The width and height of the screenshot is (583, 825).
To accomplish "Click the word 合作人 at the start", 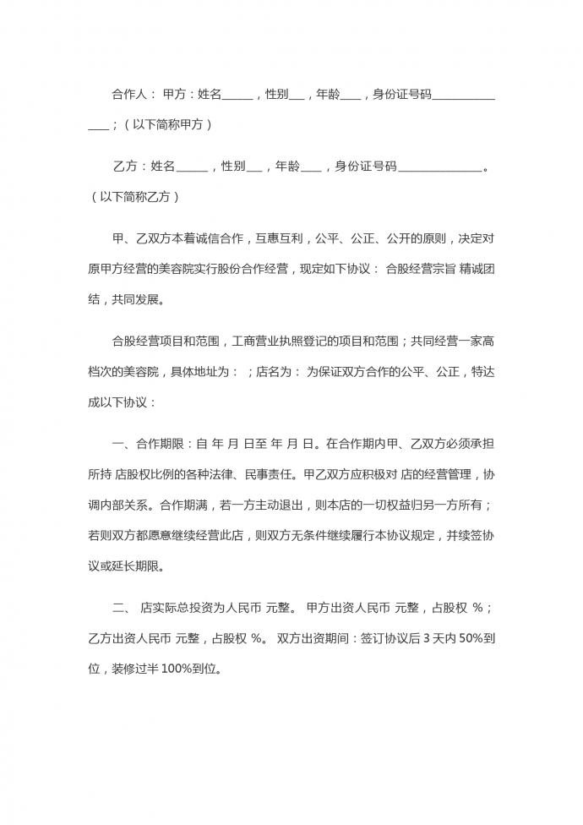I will point(128,95).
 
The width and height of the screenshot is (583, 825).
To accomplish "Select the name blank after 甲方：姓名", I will point(237,95).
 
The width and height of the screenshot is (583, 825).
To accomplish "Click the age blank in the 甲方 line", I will point(351,95).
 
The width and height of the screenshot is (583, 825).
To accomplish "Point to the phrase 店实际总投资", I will point(177,607).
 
